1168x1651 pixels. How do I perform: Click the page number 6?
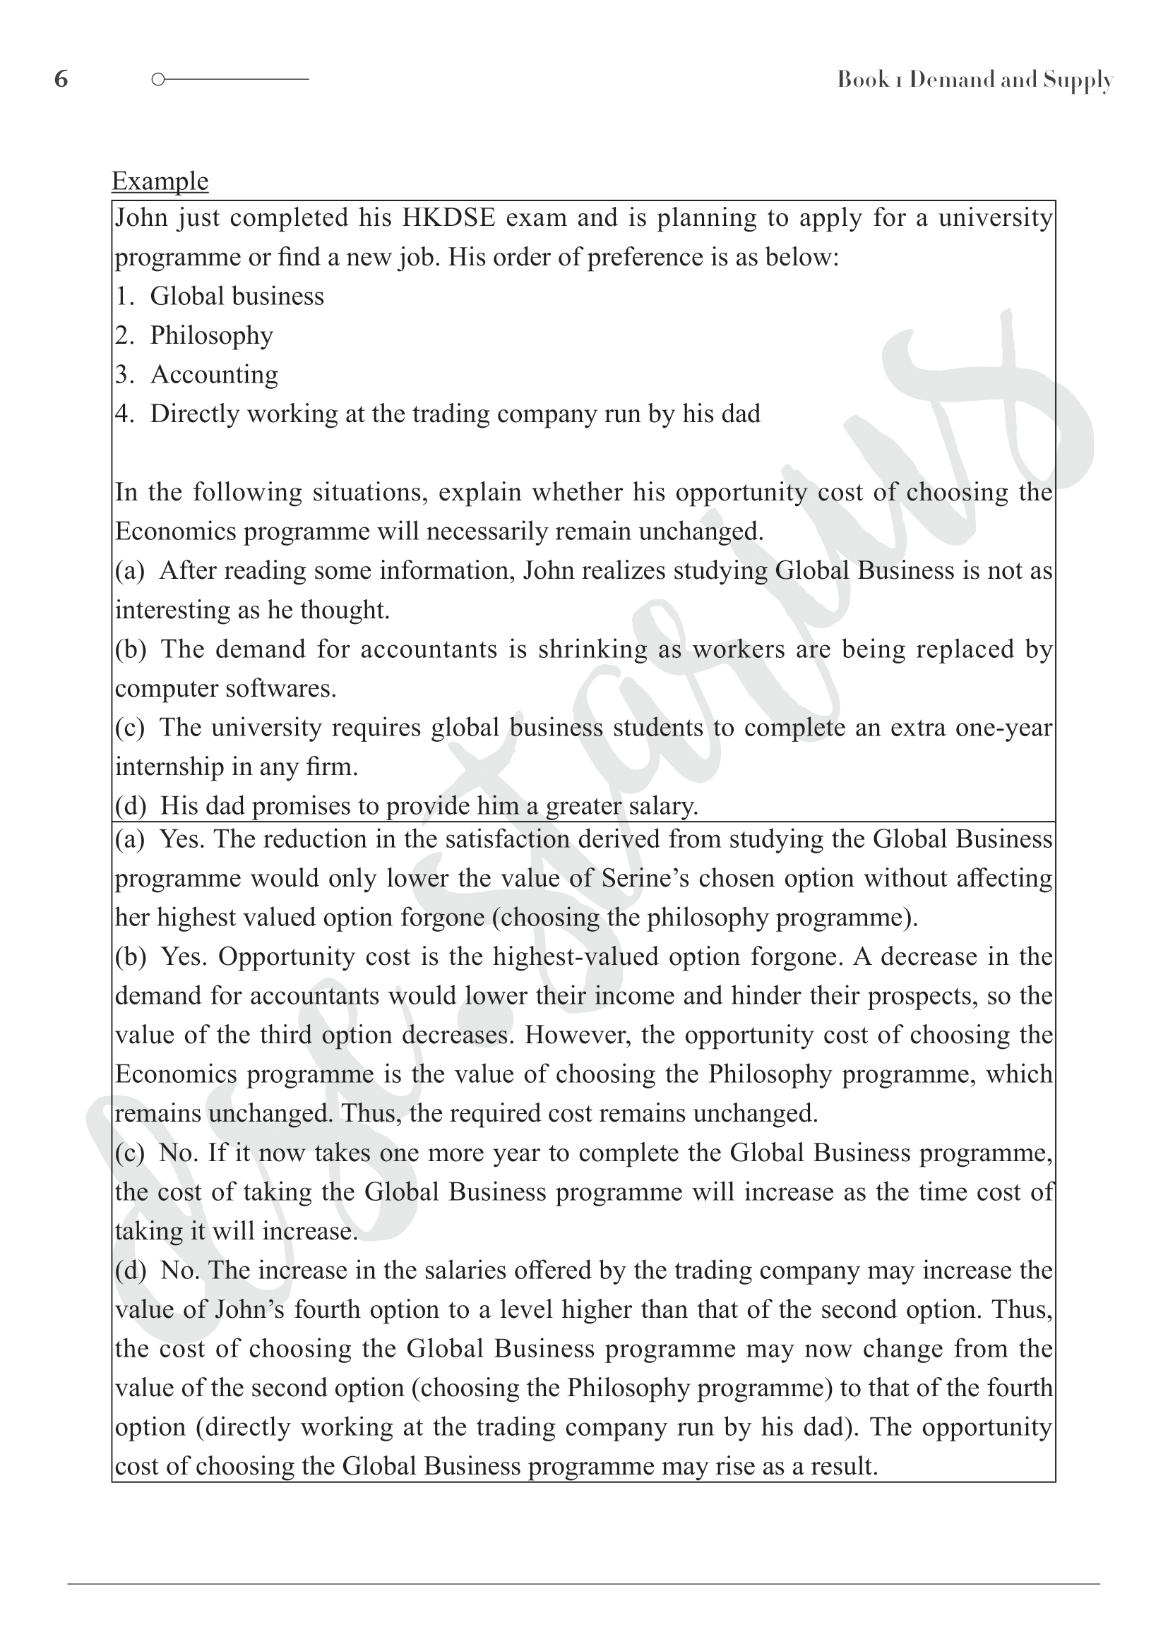(61, 79)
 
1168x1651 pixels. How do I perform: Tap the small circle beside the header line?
(158, 79)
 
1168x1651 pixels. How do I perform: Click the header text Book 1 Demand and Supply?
(975, 80)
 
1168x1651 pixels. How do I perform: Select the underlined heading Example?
(160, 181)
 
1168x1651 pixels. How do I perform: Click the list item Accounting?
(213, 375)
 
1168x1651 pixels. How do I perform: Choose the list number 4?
(123, 414)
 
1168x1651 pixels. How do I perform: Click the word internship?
(169, 767)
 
